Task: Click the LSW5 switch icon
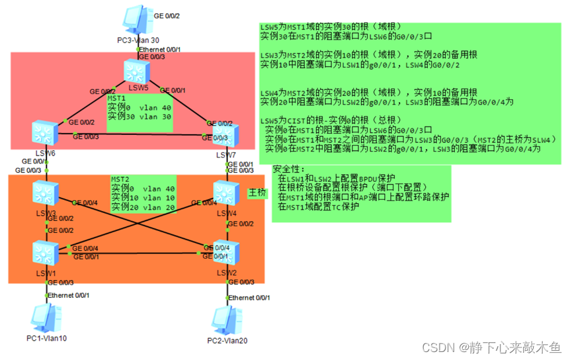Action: (138, 70)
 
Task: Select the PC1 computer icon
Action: (46, 318)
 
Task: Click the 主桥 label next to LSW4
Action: (257, 193)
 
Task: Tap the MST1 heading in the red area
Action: (118, 98)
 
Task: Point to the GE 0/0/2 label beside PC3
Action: (166, 14)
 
